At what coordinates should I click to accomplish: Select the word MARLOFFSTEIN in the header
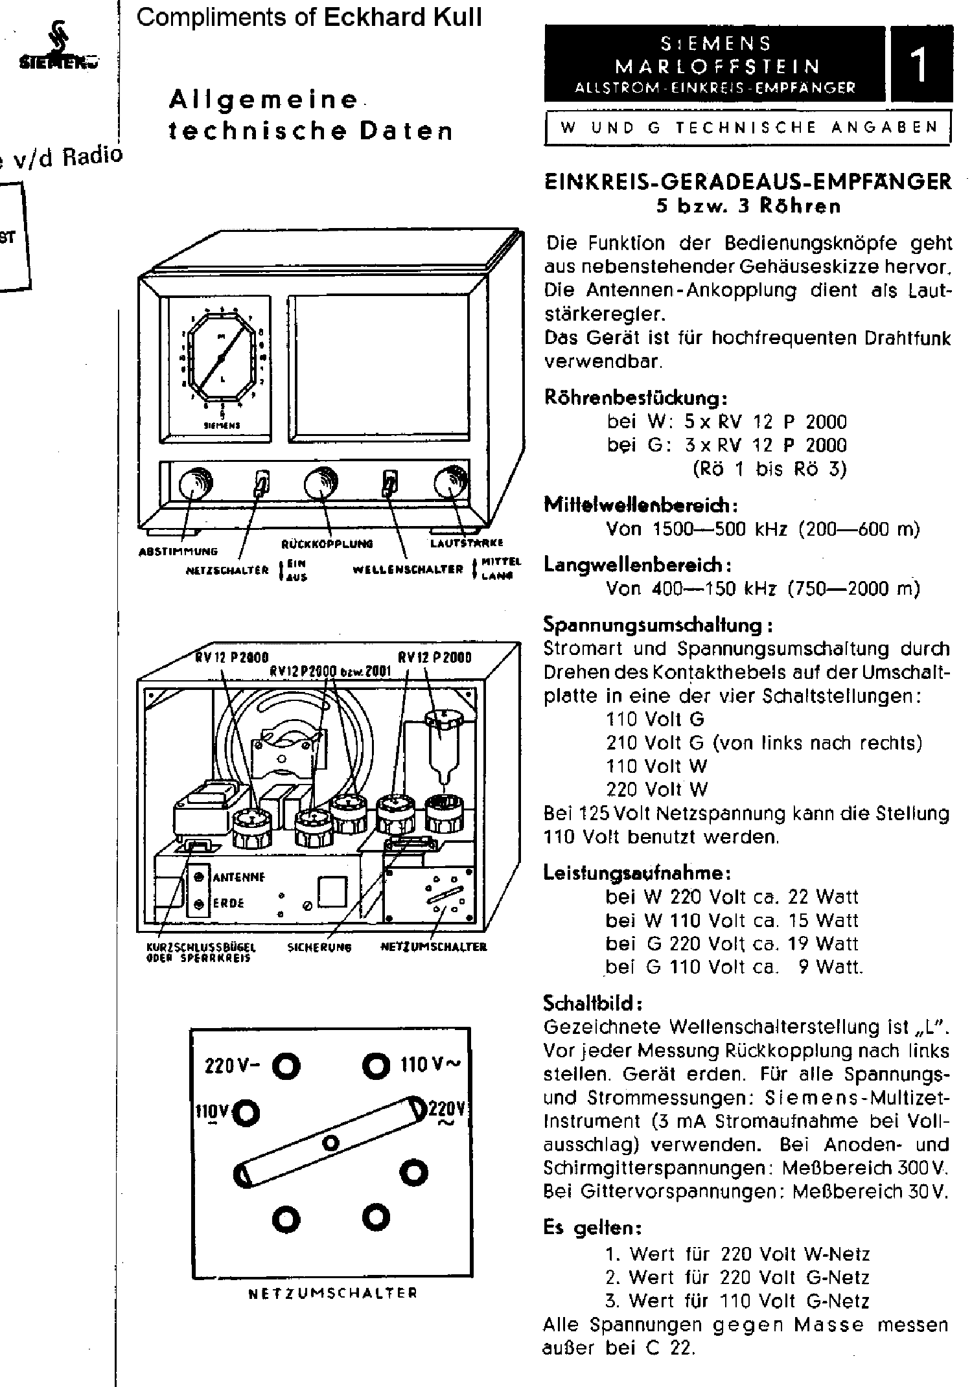pos(717,66)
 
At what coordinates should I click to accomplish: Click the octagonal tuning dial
pos(220,358)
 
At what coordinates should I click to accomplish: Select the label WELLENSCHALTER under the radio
pos(408,569)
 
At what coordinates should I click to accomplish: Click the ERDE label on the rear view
pos(228,904)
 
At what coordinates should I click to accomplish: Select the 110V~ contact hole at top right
pos(374,1064)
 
